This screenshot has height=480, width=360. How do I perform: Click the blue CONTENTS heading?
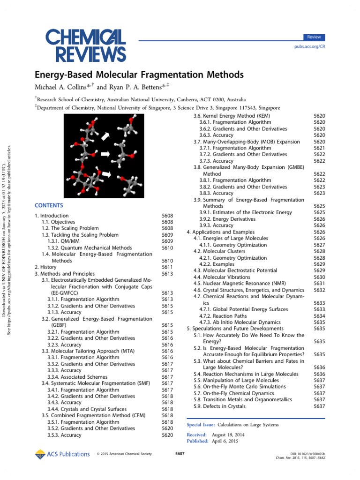(x=49, y=205)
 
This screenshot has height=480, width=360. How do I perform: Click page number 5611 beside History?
(x=167, y=267)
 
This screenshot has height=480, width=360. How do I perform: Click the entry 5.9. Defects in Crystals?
(x=227, y=406)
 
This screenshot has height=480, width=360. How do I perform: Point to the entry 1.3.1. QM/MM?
(x=63, y=241)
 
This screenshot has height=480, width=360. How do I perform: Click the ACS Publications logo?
(x=62, y=454)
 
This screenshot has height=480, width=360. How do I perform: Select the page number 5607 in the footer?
(x=180, y=454)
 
